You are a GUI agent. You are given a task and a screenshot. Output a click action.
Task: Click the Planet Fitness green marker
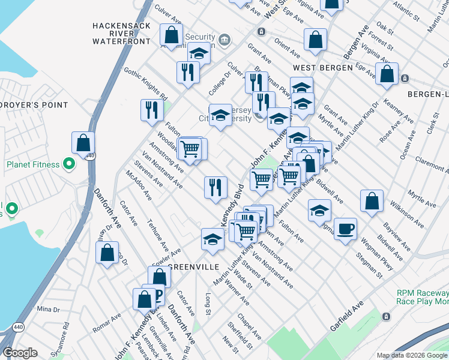click(69, 163)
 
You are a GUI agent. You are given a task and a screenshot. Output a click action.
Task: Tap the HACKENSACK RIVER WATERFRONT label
click(121, 34)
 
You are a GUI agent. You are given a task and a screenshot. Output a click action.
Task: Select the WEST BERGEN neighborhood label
click(322, 68)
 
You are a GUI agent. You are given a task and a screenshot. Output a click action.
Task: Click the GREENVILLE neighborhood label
click(191, 266)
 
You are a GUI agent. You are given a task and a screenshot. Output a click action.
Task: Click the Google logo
click(20, 353)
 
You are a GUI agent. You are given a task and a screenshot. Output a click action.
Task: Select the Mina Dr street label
click(49, 309)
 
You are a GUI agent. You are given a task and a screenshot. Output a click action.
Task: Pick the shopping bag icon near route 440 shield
click(83, 143)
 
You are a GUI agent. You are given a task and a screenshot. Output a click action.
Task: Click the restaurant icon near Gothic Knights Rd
click(151, 110)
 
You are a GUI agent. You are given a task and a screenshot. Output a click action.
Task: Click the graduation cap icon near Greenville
click(212, 239)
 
